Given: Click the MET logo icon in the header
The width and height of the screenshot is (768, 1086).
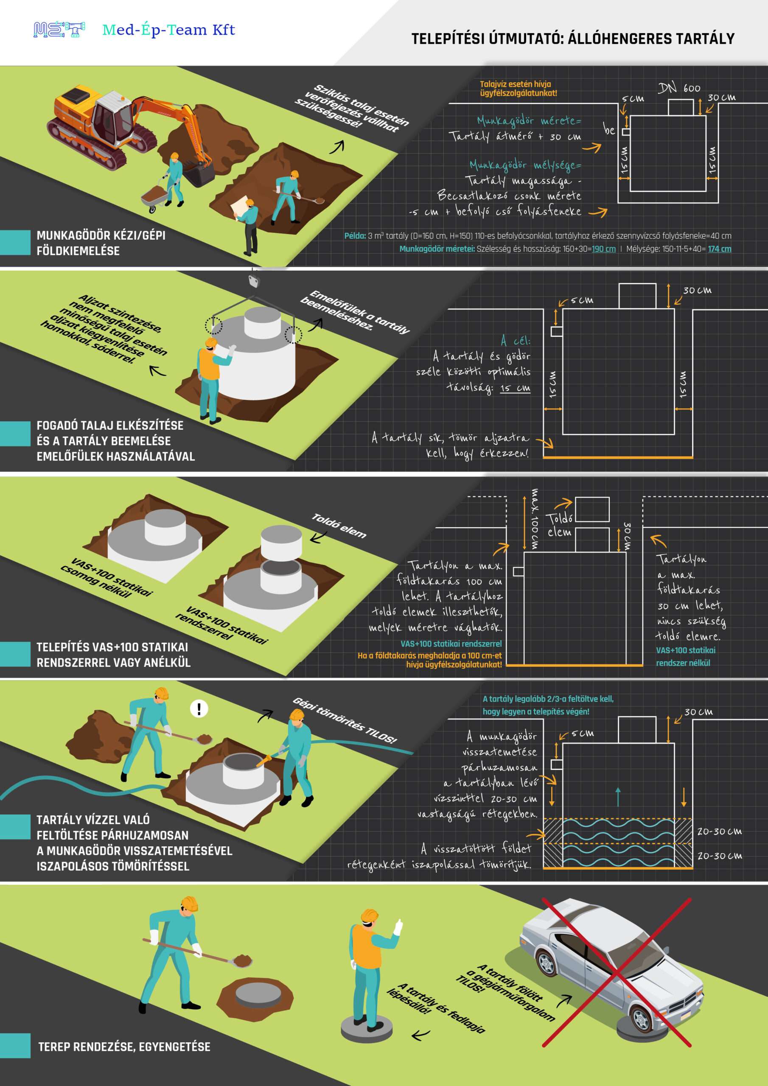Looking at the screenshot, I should [59, 30].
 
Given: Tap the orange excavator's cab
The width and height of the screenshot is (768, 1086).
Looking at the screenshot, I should [111, 118].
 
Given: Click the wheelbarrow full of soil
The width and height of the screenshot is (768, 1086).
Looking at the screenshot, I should [155, 195].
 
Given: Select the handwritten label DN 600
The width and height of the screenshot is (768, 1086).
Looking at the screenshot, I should [679, 88].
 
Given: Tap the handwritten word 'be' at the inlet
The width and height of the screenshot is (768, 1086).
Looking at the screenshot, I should [609, 129].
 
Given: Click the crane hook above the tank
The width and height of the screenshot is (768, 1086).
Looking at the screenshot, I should [255, 281].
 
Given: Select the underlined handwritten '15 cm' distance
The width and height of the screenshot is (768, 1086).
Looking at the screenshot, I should [515, 388].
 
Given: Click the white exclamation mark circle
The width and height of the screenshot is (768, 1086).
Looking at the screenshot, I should [199, 708].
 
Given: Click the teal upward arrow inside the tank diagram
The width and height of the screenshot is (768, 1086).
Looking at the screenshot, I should [618, 797].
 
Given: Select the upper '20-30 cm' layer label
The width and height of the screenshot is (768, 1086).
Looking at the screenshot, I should [719, 831].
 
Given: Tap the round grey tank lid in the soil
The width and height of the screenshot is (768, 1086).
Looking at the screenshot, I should [258, 995].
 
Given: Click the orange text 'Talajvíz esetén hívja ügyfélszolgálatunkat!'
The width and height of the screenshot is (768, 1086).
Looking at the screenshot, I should [518, 89].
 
